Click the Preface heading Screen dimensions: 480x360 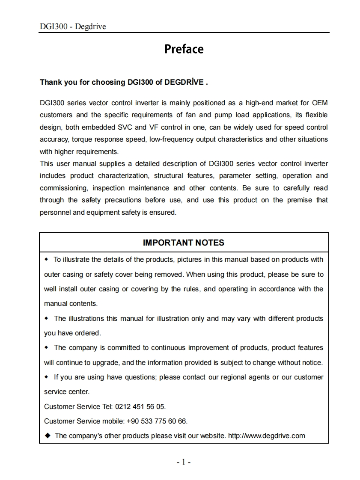tap(184, 49)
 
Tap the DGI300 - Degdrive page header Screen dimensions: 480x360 tap(73, 27)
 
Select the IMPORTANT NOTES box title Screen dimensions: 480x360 tap(183, 243)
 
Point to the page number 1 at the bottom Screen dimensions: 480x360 tap(183, 462)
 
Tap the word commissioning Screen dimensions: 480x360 tap(63, 188)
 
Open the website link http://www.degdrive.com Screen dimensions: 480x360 tap(266, 436)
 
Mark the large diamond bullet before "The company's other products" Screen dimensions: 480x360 tap(48, 436)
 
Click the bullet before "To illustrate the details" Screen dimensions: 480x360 tap(47, 259)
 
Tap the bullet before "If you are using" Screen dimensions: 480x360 tap(47, 377)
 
